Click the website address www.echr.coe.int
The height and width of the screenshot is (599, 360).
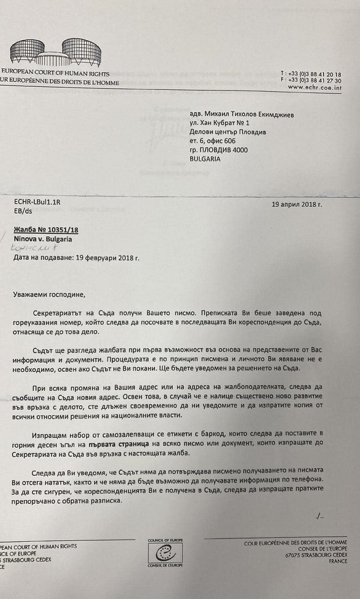[314, 87]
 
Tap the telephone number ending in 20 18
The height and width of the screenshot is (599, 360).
[311, 74]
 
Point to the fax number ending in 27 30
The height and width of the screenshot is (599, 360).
[311, 81]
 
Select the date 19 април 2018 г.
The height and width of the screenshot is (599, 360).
[296, 204]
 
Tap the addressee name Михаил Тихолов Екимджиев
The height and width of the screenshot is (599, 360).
[249, 114]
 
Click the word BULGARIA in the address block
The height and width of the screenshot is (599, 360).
[205, 159]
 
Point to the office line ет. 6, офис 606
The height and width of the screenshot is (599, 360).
[213, 141]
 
